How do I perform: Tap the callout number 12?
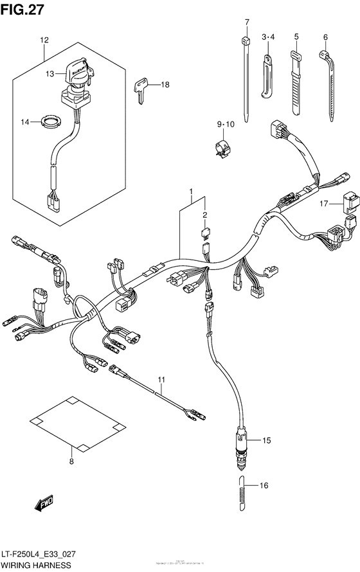pyautogui.click(x=44, y=40)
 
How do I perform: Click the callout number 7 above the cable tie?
pyautogui.click(x=246, y=22)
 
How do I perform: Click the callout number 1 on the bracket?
pyautogui.click(x=191, y=192)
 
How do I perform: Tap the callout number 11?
pyautogui.click(x=163, y=380)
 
